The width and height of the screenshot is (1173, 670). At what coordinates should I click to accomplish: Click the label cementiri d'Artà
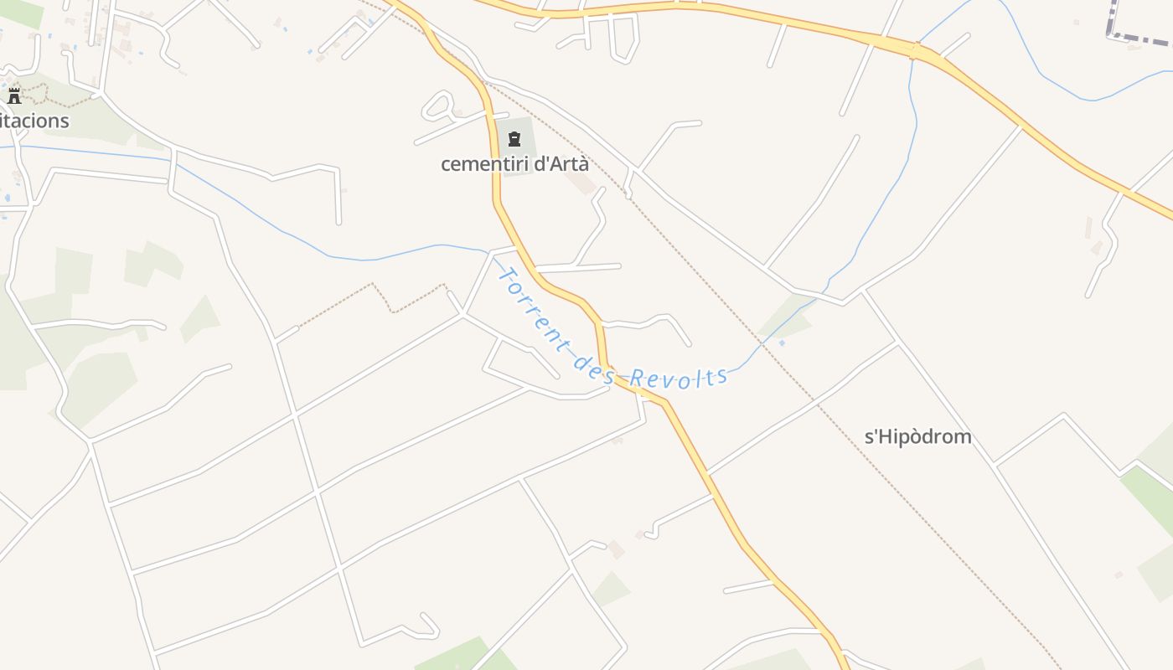tap(514, 164)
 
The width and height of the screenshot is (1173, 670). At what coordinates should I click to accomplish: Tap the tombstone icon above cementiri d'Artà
tap(514, 139)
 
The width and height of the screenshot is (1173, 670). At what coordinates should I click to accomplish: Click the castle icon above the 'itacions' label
tap(14, 95)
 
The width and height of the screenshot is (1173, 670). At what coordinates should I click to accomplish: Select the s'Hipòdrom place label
tap(917, 436)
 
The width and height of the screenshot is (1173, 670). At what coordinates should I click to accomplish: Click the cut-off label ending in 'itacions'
tap(34, 121)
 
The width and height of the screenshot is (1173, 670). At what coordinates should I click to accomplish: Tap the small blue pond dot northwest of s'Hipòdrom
tap(782, 343)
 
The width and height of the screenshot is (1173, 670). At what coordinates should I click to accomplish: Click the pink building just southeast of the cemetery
tap(580, 183)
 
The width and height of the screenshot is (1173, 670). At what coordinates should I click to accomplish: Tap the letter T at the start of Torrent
tap(504, 275)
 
